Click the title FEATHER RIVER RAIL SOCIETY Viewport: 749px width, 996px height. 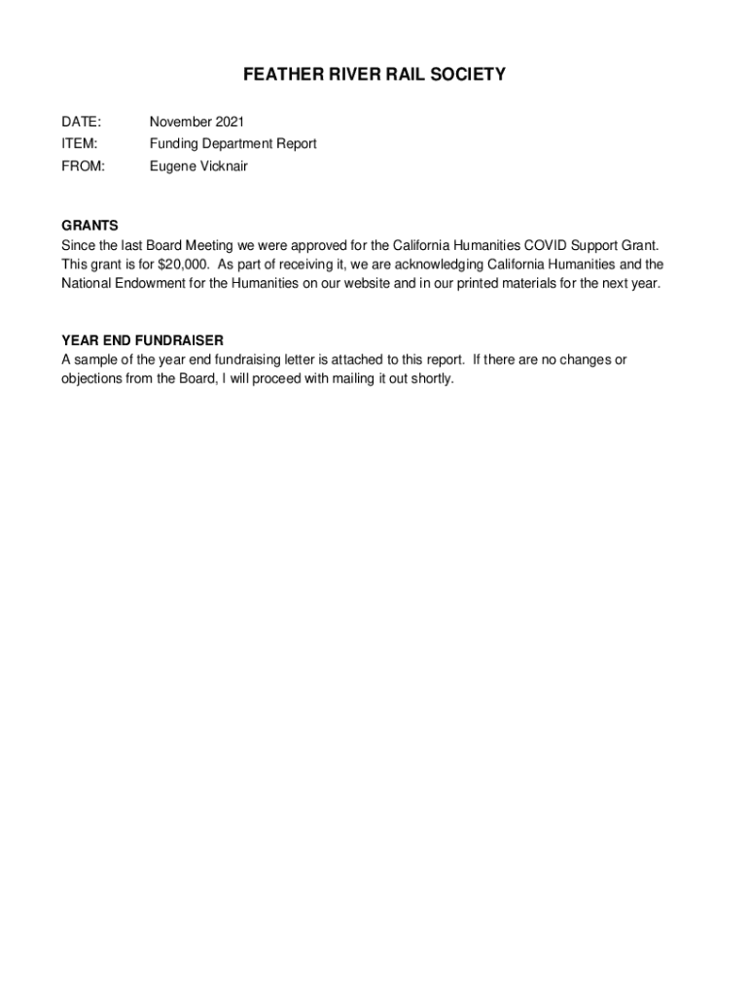point(374,75)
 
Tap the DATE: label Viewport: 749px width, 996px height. point(81,122)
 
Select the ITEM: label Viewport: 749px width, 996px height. point(80,144)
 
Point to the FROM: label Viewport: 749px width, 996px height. point(83,166)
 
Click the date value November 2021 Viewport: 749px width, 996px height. point(196,122)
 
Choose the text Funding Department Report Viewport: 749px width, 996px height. point(232,144)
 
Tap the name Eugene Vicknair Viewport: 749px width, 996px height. point(198,166)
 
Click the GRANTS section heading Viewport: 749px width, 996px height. point(89,226)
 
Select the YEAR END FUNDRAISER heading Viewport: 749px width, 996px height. point(142,340)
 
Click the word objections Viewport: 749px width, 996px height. point(92,378)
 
